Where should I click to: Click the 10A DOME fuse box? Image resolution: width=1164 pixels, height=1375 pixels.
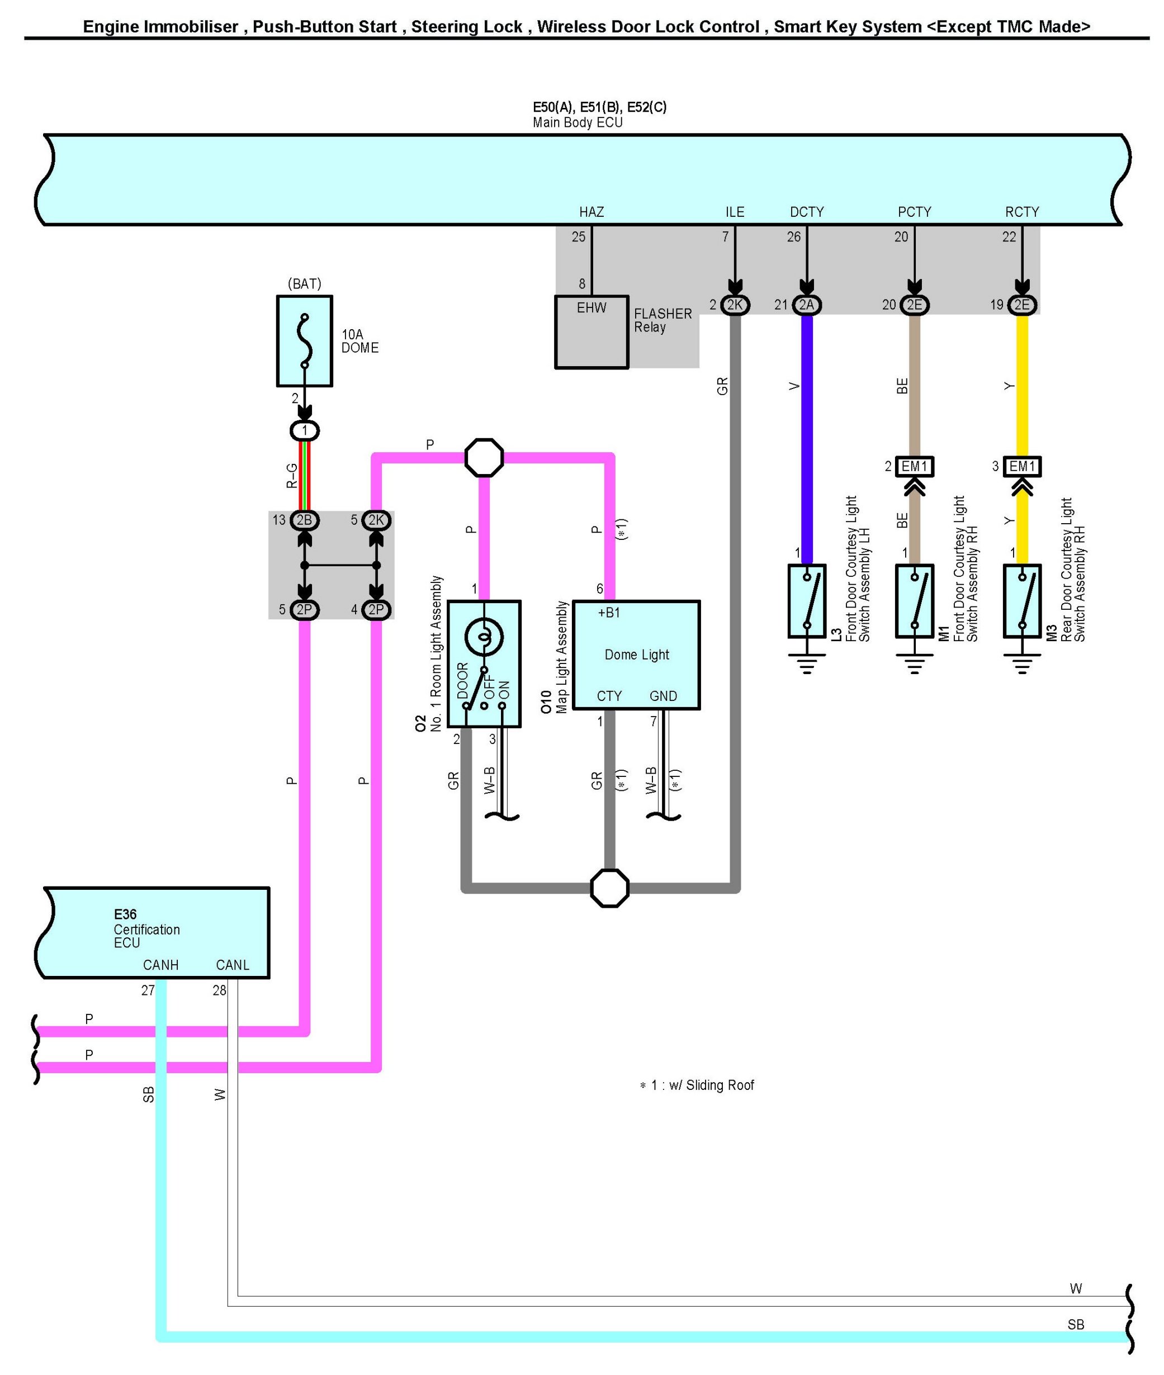[x=304, y=340]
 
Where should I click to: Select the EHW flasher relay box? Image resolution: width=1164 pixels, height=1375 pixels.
[x=592, y=331]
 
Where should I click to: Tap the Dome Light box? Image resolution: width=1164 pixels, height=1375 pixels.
[x=636, y=655]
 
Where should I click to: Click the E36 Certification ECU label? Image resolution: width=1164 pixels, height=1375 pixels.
[x=146, y=928]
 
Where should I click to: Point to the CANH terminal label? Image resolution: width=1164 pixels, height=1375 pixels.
[x=161, y=965]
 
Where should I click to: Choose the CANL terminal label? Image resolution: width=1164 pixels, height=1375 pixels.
[x=232, y=965]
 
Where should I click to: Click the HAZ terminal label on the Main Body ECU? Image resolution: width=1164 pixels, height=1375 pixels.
[x=592, y=212]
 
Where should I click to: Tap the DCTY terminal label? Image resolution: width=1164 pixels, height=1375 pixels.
[x=806, y=212]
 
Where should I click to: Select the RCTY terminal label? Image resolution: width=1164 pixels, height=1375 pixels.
[x=1021, y=212]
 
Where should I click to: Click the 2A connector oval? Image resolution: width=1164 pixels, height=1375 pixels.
[x=806, y=305]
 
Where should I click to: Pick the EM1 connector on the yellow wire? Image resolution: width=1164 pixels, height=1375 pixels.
[x=1021, y=467]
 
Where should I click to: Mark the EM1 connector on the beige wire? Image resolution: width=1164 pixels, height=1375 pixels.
[x=914, y=467]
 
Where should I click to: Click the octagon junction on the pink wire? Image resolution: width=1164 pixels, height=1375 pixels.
[x=484, y=457]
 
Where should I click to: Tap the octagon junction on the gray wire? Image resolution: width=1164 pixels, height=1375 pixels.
[x=609, y=888]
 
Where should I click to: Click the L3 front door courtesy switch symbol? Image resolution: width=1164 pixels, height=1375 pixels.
[x=806, y=600]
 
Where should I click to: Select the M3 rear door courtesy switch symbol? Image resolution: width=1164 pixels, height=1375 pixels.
[x=1021, y=600]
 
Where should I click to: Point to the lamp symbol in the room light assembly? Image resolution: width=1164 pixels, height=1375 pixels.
[x=484, y=637]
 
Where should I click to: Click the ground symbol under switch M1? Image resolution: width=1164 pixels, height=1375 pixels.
[x=914, y=663]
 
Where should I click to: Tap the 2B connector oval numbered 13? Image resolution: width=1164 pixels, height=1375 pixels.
[x=304, y=520]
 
